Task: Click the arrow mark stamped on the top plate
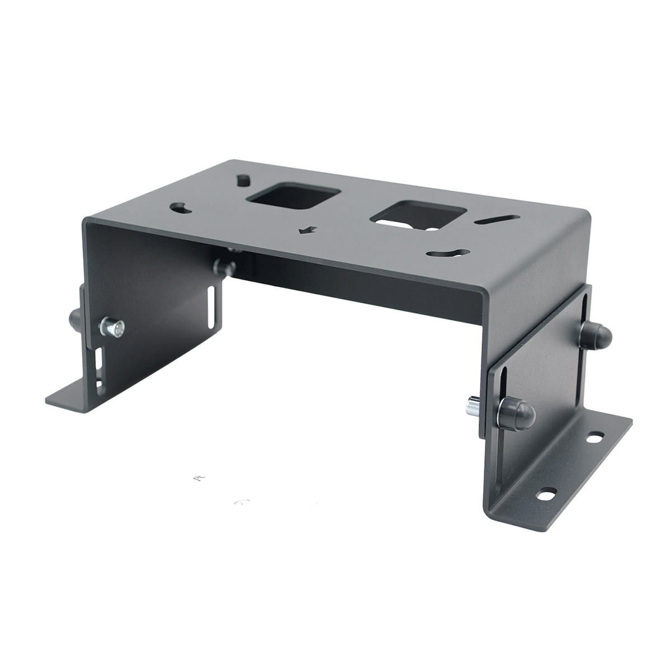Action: (x=306, y=229)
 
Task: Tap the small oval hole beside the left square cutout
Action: (x=244, y=180)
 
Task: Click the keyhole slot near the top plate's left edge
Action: (x=181, y=208)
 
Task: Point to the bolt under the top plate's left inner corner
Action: (x=225, y=266)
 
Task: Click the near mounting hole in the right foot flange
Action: (x=545, y=494)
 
